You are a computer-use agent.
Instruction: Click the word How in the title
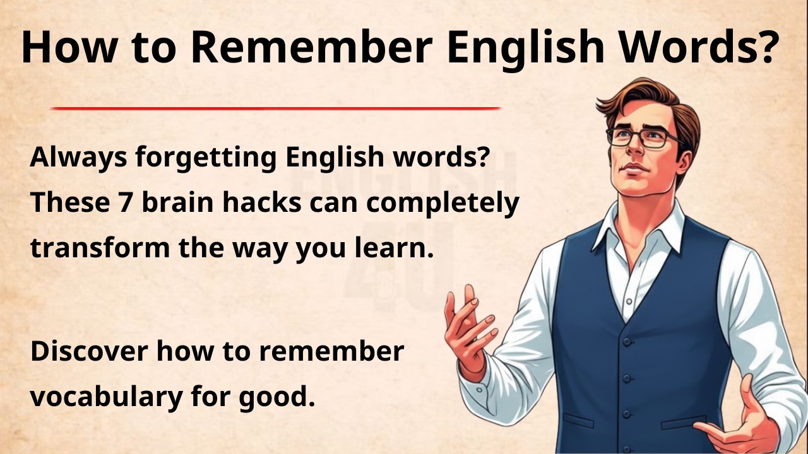(60, 47)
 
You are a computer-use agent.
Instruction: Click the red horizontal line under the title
(275, 108)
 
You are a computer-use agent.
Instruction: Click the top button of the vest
(627, 341)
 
